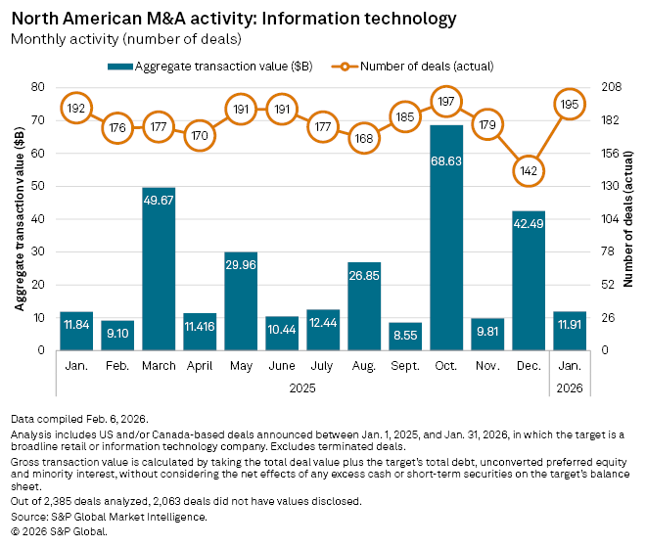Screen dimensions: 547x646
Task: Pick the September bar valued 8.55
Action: click(405, 336)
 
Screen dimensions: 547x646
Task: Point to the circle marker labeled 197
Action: click(446, 101)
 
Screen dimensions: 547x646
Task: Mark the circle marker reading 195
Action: click(570, 104)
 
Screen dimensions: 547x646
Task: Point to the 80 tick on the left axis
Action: click(39, 87)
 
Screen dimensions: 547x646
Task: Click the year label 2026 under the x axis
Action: click(570, 388)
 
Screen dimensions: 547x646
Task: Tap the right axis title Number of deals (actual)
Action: click(629, 217)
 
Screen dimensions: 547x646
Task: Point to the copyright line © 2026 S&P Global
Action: click(59, 531)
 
